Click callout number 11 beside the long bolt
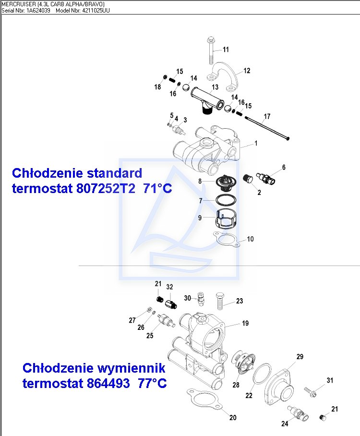(x=226, y=49)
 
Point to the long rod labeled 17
(x=266, y=127)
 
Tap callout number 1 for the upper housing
(x=256, y=143)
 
